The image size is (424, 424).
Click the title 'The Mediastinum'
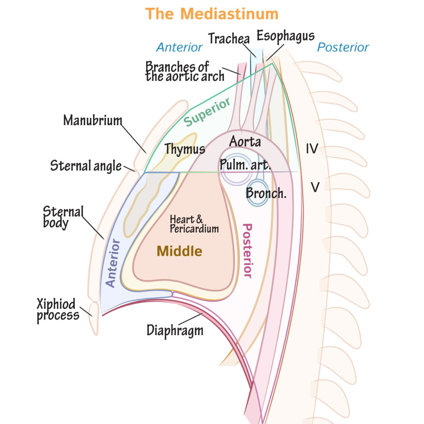coord(212,14)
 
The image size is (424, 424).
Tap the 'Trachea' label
coord(229,39)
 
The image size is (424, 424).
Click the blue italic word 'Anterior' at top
coord(179,47)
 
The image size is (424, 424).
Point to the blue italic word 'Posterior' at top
coord(343,47)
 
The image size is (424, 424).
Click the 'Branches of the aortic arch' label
coord(184,71)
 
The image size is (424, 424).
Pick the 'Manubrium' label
coord(93,120)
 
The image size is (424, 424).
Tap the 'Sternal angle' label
coord(86,166)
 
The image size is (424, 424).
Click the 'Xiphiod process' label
coord(58,310)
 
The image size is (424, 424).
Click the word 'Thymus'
coord(185,149)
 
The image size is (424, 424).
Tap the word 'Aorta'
coord(245,142)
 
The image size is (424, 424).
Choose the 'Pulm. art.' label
coord(245,165)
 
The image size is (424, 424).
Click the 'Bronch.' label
coord(266,193)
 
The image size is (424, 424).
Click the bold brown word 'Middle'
coord(179,251)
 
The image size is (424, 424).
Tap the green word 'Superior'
coord(207,112)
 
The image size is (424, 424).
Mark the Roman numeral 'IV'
coord(312,149)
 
